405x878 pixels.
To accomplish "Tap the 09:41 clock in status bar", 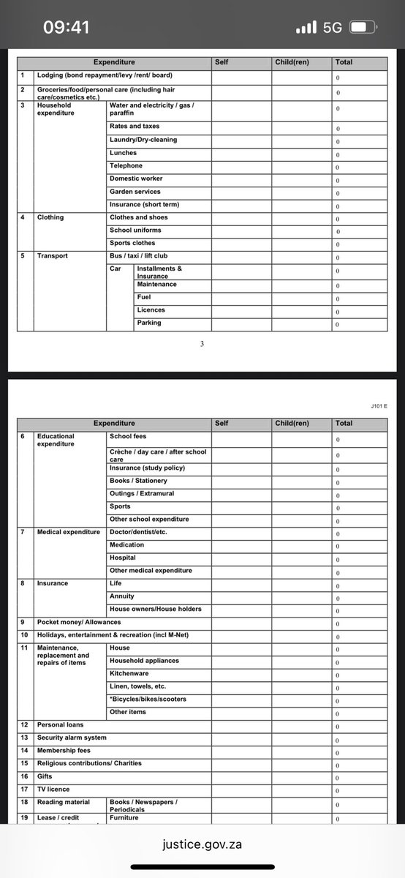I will (66, 28).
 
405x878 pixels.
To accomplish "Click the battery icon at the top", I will (362, 28).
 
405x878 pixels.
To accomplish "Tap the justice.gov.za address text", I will (202, 844).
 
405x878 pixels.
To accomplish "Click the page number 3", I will (202, 344).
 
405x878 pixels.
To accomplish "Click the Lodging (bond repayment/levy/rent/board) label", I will (105, 75).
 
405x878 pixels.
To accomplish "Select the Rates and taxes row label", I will (135, 127).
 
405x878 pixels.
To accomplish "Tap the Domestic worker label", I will (136, 179).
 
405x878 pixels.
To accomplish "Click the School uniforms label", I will (135, 230).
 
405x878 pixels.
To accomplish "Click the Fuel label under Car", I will (144, 297).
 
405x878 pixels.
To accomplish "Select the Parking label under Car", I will (149, 323).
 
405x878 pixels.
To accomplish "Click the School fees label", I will (128, 436).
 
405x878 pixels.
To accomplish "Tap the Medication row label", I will (127, 545).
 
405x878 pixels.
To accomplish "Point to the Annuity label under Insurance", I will (122, 596).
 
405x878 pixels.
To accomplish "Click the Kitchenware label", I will (129, 673).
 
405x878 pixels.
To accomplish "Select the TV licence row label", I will (53, 789).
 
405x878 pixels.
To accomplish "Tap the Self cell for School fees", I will (241, 439).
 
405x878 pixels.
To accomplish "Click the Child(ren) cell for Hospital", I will (301, 558).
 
